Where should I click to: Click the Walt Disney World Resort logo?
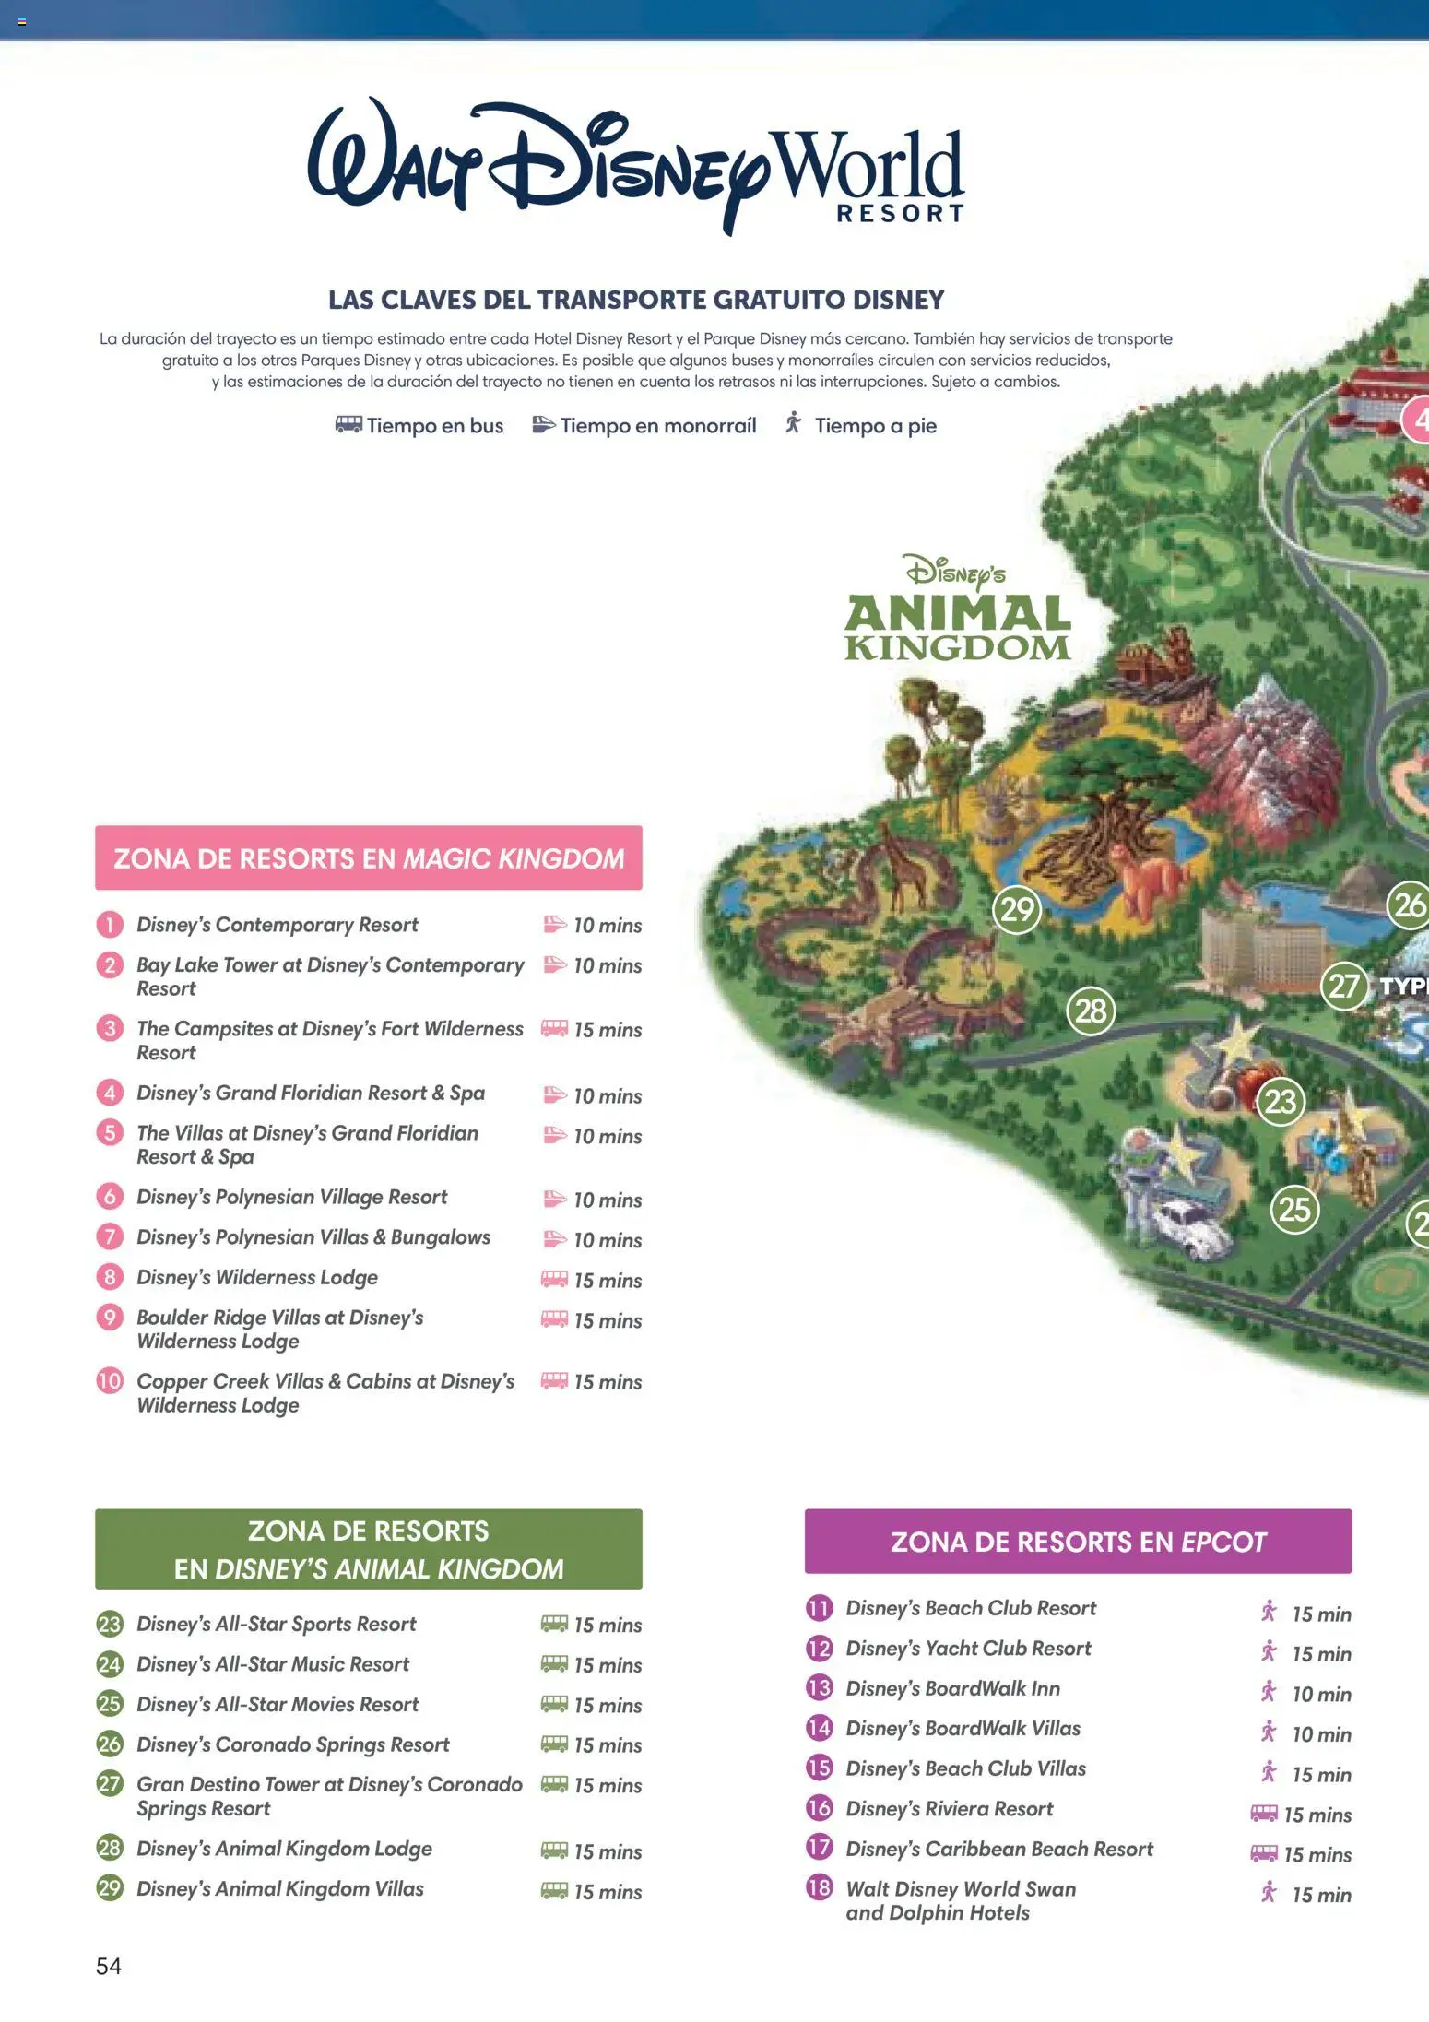tap(636, 166)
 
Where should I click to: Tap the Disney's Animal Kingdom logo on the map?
tap(957, 609)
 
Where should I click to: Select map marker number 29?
tap(1016, 910)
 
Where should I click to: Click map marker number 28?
tap(1091, 1011)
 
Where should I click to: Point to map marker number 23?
tap(1281, 1102)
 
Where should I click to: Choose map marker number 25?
tap(1294, 1210)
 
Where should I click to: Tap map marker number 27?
tap(1344, 987)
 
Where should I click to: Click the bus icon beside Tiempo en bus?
tap(348, 425)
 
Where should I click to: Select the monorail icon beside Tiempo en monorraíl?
tap(544, 425)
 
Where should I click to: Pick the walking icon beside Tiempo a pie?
tap(793, 424)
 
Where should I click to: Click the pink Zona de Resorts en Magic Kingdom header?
tap(368, 858)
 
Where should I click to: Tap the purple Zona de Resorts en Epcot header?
tap(1078, 1542)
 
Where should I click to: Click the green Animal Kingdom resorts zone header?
tap(368, 1549)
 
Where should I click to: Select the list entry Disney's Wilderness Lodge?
tap(257, 1278)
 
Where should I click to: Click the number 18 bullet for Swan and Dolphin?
tap(819, 1887)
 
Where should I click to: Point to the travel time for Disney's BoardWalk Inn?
tap(1321, 1695)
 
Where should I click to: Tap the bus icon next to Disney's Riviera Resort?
tap(1264, 1814)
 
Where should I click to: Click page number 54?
tap(109, 1966)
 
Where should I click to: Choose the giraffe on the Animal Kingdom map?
tap(902, 867)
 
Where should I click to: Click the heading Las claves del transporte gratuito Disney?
tap(636, 300)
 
